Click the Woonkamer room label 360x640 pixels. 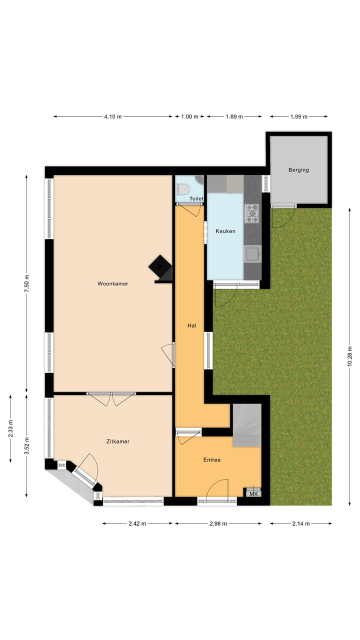click(x=112, y=283)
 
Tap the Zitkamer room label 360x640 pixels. click(x=118, y=441)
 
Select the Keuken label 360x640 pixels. click(x=225, y=231)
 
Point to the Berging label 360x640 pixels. click(x=298, y=170)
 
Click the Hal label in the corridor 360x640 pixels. click(x=191, y=325)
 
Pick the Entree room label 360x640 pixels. click(x=211, y=460)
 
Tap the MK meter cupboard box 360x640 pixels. click(x=253, y=493)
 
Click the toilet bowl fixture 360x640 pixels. click(x=182, y=189)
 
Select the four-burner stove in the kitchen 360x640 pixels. click(x=252, y=213)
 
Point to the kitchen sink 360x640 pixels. click(x=252, y=254)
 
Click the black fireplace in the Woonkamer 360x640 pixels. click(x=160, y=267)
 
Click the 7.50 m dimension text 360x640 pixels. click(x=27, y=283)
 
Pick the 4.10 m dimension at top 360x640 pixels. click(x=112, y=116)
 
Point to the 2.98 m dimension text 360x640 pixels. click(x=218, y=523)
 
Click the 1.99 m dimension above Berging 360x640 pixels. click(x=299, y=116)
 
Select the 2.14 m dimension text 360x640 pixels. click(x=300, y=523)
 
